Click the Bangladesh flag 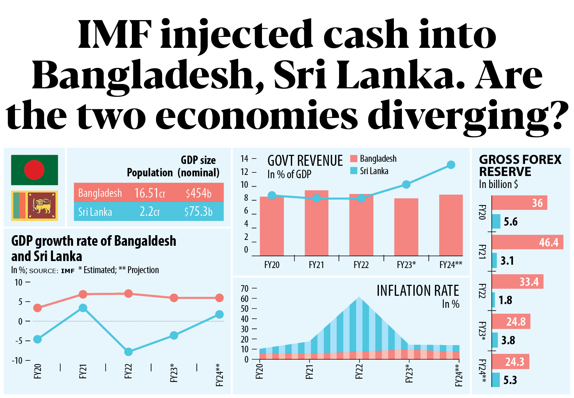[x=34, y=170]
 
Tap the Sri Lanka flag [x=34, y=206]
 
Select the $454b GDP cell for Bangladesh [x=198, y=193]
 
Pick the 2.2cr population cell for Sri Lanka [x=149, y=211]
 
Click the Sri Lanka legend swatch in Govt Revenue [x=353, y=171]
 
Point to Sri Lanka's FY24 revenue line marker [x=451, y=165]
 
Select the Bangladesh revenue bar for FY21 [x=316, y=223]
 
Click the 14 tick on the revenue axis [x=244, y=159]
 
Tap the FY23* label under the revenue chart [x=406, y=265]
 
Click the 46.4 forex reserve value [x=548, y=242]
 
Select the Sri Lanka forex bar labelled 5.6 [x=496, y=222]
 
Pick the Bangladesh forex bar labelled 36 [x=519, y=203]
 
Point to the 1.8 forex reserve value [x=505, y=300]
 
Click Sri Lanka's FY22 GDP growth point [x=128, y=352]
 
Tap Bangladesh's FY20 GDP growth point [x=37, y=308]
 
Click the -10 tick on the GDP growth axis [x=17, y=360]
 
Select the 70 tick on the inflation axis [x=244, y=289]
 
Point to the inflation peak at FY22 [x=360, y=297]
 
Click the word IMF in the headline [x=114, y=34]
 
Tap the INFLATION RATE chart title [x=418, y=291]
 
